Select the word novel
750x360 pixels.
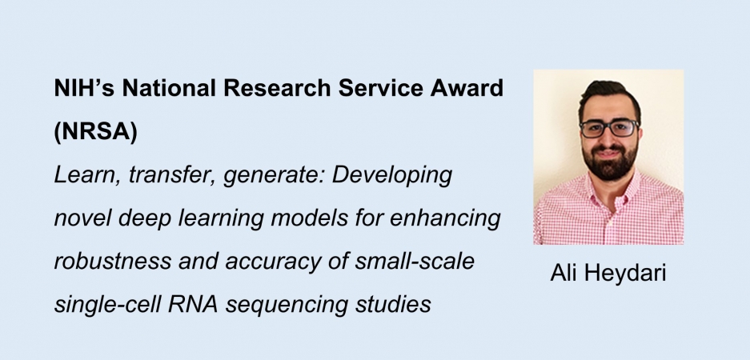[x=79, y=218]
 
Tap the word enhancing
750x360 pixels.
[x=450, y=218]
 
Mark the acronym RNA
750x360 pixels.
[x=180, y=305]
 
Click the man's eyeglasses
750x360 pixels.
[x=609, y=128]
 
